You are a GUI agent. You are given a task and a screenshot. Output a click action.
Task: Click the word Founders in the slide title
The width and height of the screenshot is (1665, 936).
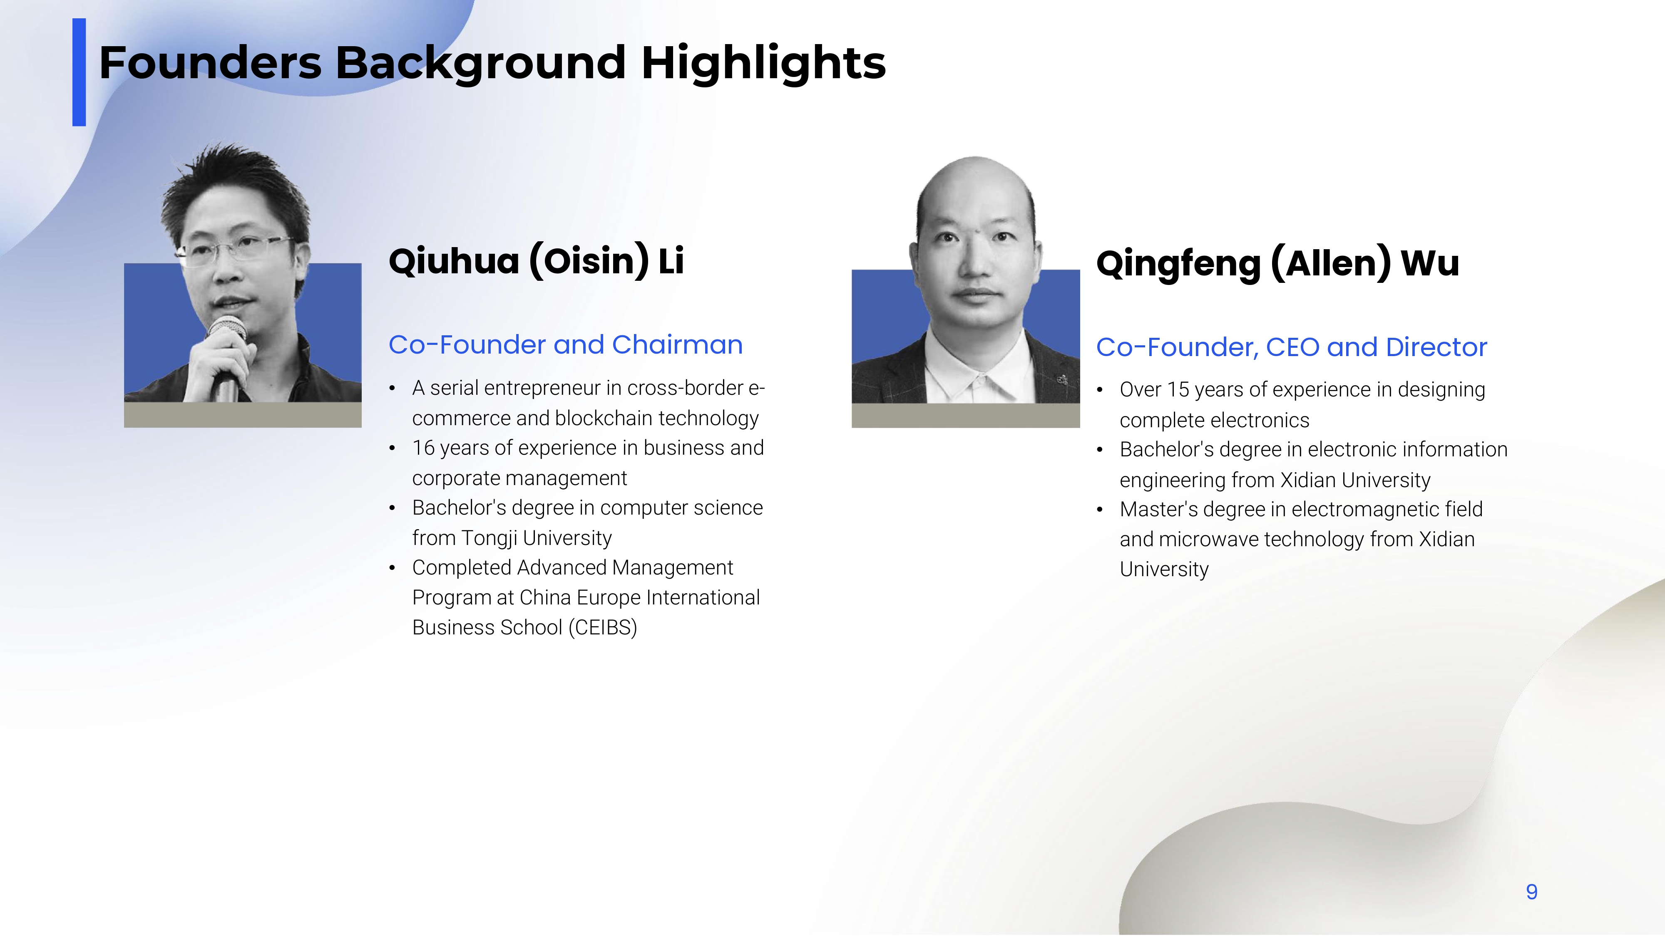[x=210, y=63]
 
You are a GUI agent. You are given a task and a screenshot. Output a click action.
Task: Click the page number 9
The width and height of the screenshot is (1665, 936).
[x=1531, y=892]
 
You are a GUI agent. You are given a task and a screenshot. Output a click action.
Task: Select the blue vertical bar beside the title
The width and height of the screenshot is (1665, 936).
[x=79, y=72]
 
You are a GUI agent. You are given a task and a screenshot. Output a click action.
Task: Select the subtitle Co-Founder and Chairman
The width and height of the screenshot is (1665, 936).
[x=566, y=345]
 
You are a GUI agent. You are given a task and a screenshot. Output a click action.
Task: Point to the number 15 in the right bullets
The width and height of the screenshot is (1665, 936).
[x=1178, y=389]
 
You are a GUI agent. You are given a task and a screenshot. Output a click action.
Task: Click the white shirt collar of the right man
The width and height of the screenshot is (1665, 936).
[x=979, y=371]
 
